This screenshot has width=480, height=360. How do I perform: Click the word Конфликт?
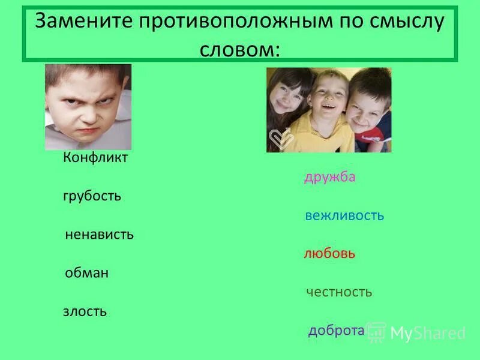pos(95,158)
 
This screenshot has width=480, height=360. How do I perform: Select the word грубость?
pos(92,196)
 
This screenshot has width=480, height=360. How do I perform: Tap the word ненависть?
pos(99,235)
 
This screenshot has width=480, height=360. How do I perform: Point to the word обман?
pos(86,273)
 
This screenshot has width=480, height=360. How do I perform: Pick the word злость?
pos(85,311)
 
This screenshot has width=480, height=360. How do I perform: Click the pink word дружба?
pos(329,177)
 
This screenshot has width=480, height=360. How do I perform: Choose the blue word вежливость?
pos(344,215)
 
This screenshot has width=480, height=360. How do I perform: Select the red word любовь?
pos(329,254)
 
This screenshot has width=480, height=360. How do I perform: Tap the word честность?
pos(339,292)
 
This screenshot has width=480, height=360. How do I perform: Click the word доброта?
pos(336,331)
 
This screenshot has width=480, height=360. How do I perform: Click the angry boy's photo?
pos(88,107)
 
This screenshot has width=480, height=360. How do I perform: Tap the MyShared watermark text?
pos(428,333)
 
